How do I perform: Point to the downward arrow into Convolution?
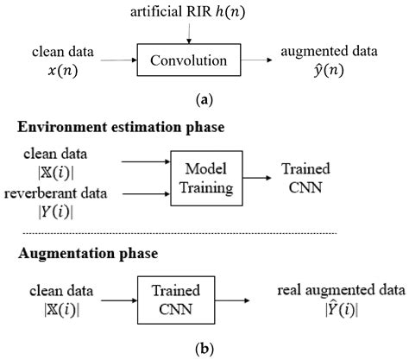pyautogui.click(x=187, y=29)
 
